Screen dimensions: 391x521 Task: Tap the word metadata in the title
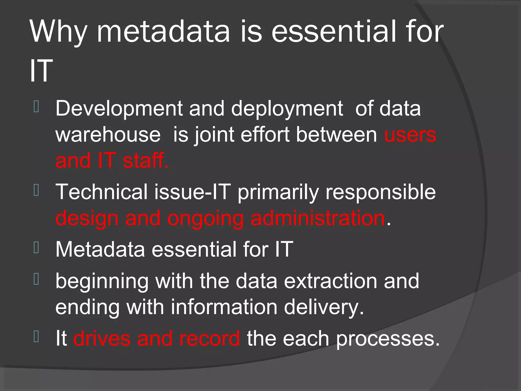pyautogui.click(x=163, y=32)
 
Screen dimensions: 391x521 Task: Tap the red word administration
pyautogui.click(x=318, y=218)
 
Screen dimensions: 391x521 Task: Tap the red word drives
pyautogui.click(x=102, y=338)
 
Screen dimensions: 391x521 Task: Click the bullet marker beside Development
pyautogui.click(x=36, y=107)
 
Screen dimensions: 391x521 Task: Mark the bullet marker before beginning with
pyautogui.click(x=36, y=279)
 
